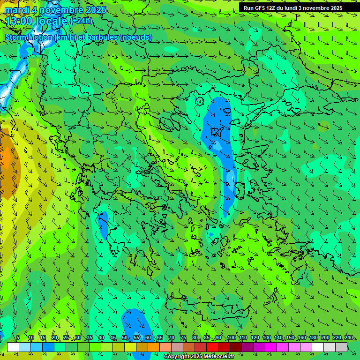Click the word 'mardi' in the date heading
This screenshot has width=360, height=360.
pyautogui.click(x=16, y=10)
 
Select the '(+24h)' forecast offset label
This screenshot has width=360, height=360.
pyautogui.click(x=81, y=21)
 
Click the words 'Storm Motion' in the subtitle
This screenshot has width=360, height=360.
pyautogui.click(x=29, y=37)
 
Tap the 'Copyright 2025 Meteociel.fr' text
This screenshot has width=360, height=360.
pyautogui.click(x=199, y=357)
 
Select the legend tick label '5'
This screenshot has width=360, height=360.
pyautogui.click(x=18, y=337)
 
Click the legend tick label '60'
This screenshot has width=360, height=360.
pyautogui.click(x=148, y=337)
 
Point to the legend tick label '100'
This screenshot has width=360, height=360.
pyautogui.click(x=231, y=337)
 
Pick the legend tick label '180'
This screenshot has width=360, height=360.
pyautogui.click(x=314, y=337)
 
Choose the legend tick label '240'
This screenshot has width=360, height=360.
pyautogui.click(x=349, y=337)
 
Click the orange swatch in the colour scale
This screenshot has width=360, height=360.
pyautogui.click(x=154, y=347)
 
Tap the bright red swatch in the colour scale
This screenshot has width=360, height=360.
pyautogui.click(x=212, y=347)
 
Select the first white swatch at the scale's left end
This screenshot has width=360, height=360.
pyautogui.click(x=13, y=347)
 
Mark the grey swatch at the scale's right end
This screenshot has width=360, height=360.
pyautogui.click(x=341, y=347)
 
